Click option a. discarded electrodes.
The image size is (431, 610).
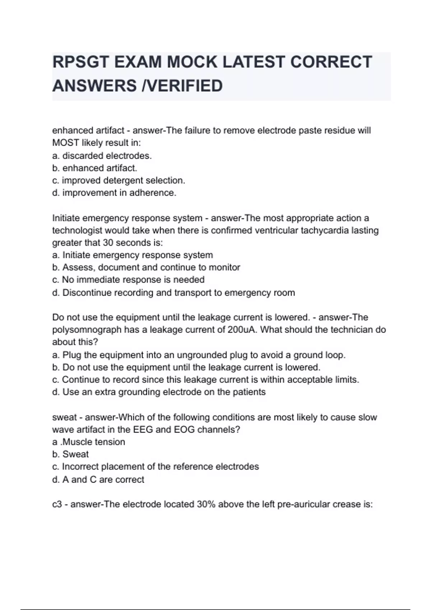102,156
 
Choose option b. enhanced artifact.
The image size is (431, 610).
94,168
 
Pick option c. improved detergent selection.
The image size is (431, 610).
119,180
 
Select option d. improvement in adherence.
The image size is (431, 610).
114,193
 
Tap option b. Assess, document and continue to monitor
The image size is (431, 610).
146,267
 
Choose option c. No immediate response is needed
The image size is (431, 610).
128,280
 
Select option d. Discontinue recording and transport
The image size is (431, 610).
173,292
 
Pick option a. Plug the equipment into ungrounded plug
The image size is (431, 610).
199,355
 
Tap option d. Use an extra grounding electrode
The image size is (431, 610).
159,392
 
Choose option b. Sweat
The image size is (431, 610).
70,454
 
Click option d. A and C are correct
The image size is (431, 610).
98,479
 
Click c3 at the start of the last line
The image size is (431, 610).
57,504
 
